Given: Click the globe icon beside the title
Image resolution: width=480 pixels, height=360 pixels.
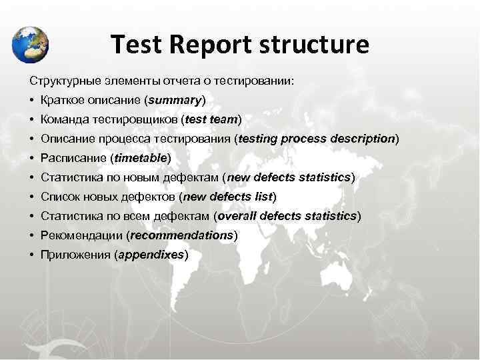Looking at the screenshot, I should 31,44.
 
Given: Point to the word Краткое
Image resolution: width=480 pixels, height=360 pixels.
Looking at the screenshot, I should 63,100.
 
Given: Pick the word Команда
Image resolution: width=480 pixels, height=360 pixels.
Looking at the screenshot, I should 65,119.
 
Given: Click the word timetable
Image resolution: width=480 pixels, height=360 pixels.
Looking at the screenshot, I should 141,158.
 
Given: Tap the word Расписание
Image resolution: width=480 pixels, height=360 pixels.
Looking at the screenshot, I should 73,158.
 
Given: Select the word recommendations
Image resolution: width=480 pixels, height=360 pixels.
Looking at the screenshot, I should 182,235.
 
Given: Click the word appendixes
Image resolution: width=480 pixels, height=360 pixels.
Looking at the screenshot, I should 152,255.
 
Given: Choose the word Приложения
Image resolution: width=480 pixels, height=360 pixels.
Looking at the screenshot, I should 75,255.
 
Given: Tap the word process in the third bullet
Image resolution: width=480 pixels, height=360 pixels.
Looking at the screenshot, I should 303,139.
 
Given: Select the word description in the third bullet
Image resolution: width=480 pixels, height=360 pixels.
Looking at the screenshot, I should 363,139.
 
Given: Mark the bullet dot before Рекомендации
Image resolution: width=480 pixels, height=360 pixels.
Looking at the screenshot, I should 31,235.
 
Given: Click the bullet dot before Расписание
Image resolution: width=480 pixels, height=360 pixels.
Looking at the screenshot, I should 31,158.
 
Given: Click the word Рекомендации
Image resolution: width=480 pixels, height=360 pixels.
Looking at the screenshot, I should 81,235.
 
